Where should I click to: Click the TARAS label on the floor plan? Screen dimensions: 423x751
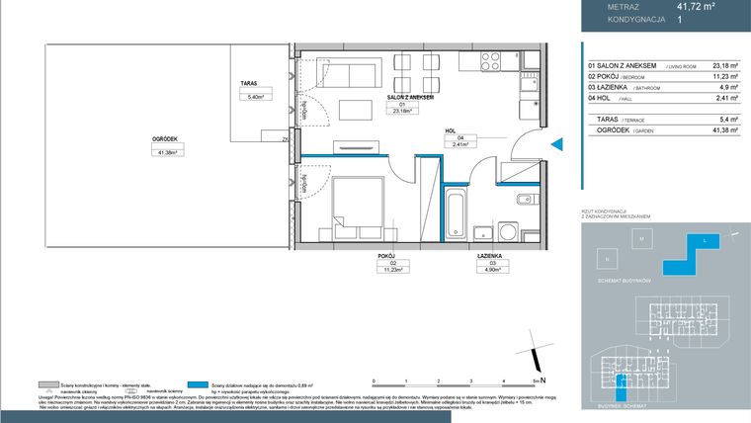tap(248, 85)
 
